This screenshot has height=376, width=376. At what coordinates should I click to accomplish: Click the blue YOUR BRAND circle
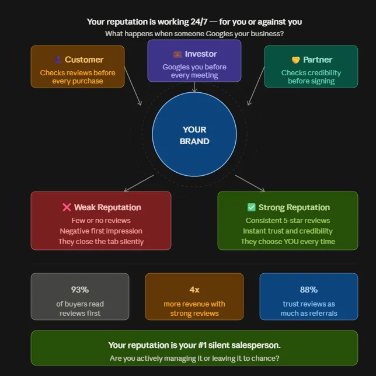click(x=194, y=134)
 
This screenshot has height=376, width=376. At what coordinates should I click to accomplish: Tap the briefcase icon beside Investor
click(x=177, y=54)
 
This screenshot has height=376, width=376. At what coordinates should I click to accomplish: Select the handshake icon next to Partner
click(x=295, y=60)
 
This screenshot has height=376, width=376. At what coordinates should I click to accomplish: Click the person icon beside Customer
click(x=57, y=60)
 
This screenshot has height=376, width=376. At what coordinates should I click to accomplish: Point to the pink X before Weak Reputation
click(x=67, y=207)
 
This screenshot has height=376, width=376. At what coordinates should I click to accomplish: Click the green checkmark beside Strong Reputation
click(x=251, y=207)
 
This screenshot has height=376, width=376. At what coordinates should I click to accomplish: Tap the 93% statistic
click(x=80, y=290)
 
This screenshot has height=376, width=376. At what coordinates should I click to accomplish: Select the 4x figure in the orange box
click(x=194, y=290)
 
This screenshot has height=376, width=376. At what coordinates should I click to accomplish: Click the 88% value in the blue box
click(x=309, y=290)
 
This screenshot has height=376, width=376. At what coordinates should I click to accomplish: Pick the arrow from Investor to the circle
click(x=194, y=87)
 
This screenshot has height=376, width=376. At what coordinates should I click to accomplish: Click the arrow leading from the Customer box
click(x=133, y=86)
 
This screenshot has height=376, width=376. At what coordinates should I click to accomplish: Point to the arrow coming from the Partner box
click(x=256, y=86)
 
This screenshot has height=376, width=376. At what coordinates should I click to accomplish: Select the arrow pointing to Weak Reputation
click(x=139, y=183)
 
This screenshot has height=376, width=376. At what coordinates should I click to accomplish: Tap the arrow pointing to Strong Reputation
click(x=250, y=183)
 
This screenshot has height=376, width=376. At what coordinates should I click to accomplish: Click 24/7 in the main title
click(x=199, y=22)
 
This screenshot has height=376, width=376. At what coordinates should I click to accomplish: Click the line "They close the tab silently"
click(x=101, y=242)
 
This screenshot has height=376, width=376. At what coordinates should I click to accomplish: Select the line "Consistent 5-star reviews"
click(x=288, y=220)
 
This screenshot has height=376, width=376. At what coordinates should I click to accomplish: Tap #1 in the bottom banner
click(x=203, y=345)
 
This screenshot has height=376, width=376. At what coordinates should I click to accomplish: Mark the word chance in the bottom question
click(x=267, y=358)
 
